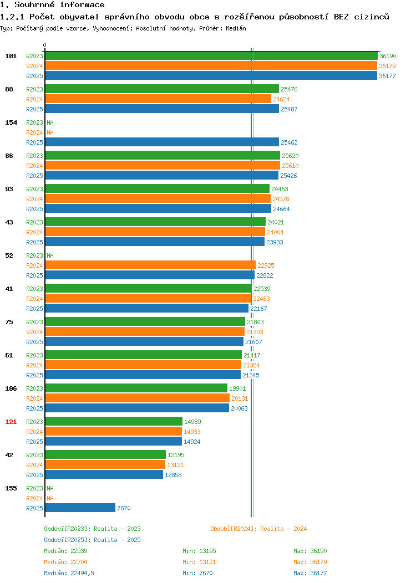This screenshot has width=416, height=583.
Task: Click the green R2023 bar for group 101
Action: pos(211,56)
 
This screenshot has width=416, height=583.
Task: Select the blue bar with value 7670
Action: pos(80,508)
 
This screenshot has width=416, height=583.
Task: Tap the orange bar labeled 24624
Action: pos(158,99)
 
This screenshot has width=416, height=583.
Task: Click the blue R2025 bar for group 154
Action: pos(162,142)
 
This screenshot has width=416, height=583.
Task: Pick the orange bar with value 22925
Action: pos(150,265)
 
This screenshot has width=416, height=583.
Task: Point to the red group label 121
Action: pos(11,422)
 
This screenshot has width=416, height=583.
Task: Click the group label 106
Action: pos(11,388)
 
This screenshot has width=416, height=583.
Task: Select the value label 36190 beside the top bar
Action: pos(388,56)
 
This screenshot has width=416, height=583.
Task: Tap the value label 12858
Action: pos(173,475)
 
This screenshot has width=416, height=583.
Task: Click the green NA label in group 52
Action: pos(50,255)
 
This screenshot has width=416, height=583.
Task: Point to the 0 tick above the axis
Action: pos(45,45)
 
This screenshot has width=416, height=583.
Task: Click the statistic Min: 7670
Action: pos(197,573)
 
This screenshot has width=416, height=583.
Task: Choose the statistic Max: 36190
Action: pos(310,551)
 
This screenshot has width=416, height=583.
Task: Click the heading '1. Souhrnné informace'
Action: pos(52,5)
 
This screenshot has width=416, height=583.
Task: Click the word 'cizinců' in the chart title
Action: pos(371,17)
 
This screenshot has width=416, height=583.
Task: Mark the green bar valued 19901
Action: pos(136,388)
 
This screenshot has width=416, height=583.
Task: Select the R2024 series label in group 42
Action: pos(34,465)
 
